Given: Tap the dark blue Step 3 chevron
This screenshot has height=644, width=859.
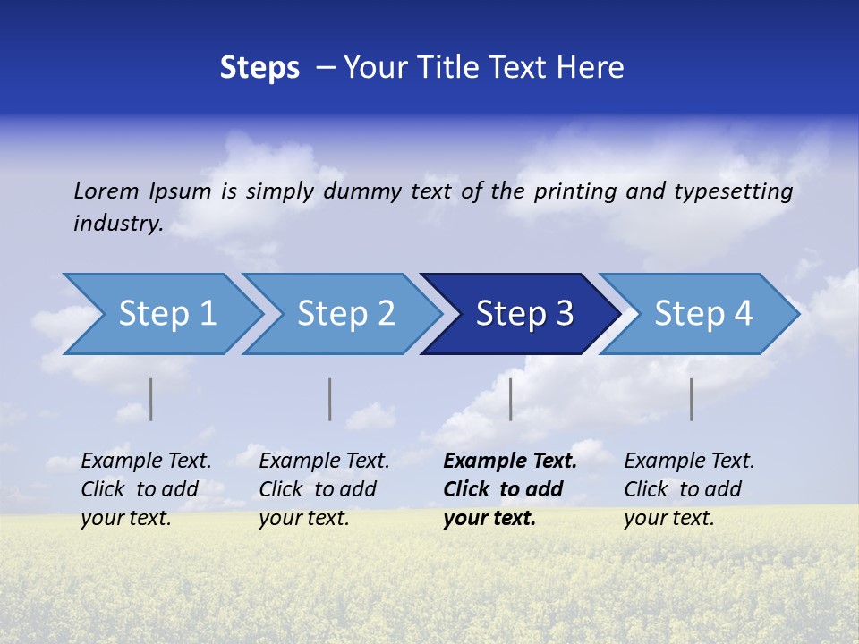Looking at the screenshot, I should [524, 314].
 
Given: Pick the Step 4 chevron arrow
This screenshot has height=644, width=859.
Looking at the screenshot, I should [703, 314].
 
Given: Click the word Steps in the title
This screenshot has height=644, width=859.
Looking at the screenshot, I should [259, 68].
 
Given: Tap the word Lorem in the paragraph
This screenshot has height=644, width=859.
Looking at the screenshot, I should [106, 191].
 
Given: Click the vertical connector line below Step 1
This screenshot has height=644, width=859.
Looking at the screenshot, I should [151, 399].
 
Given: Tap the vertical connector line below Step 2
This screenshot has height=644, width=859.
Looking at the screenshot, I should [330, 399].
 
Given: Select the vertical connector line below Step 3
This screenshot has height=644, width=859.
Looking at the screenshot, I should [510, 399].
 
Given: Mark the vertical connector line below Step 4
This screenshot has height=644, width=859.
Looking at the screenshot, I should [691, 399].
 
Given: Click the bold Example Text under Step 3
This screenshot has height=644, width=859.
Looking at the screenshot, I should [510, 462].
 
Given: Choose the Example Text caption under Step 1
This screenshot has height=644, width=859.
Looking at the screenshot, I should [146, 462].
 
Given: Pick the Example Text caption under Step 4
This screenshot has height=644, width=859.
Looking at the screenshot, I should [689, 462].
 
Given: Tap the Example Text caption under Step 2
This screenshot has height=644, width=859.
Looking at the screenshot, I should [324, 462].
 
